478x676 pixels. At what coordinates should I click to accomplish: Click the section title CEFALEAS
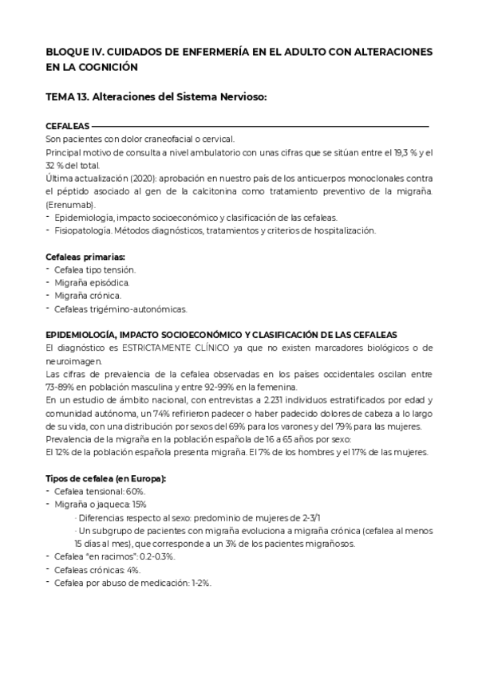tap(68, 126)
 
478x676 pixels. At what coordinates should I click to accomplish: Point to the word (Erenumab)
tap(69, 205)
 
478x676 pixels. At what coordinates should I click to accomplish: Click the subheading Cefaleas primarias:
tap(85, 257)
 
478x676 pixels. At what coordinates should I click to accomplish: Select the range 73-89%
tap(64, 387)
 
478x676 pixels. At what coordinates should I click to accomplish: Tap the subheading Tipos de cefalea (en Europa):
tap(106, 478)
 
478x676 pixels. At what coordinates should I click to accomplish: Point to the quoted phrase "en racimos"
tap(112, 556)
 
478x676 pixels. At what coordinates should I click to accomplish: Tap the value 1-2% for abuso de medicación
tap(199, 583)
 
